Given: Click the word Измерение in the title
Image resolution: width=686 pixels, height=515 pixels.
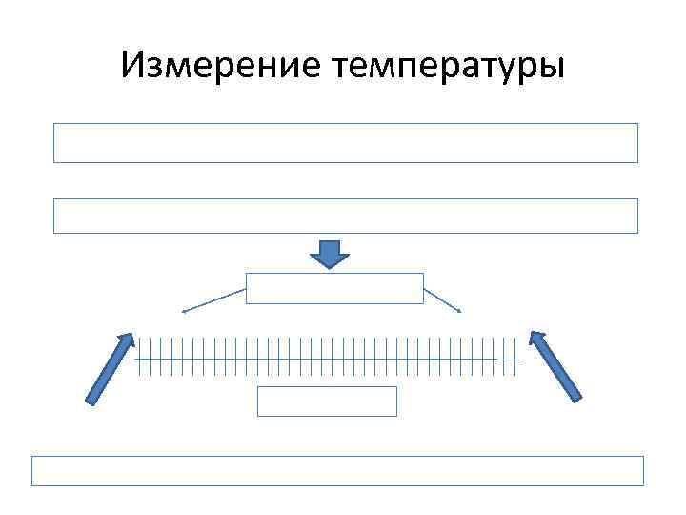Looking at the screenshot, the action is [221, 66].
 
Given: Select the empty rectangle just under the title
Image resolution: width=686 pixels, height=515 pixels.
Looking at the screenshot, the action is [345, 142].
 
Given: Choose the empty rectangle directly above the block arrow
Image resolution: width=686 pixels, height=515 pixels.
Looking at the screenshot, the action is [345, 216].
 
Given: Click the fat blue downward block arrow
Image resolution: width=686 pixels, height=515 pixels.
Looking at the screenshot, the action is [331, 254].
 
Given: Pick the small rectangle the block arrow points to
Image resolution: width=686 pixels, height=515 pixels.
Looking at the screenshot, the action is [334, 288].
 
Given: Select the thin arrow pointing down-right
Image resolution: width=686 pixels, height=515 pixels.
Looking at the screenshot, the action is [443, 299].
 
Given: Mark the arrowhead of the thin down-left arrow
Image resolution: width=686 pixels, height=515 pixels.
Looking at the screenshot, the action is [184, 311].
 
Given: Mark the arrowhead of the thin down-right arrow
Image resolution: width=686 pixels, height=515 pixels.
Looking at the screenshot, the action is [460, 311].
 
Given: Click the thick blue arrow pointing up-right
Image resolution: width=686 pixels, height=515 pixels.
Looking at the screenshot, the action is [109, 370].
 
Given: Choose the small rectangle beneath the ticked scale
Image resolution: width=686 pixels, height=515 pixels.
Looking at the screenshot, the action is [327, 402].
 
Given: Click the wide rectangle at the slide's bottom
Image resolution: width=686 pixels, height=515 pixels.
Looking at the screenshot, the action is [337, 471].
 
